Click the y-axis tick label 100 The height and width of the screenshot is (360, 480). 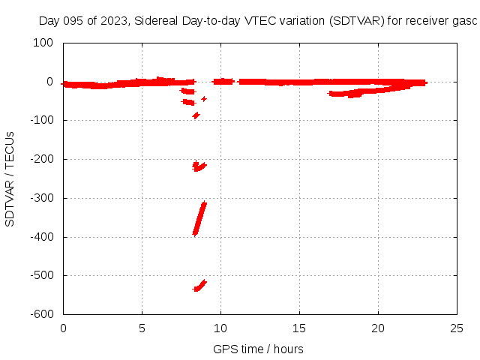[42, 43]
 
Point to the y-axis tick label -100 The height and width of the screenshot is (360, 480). [40, 121]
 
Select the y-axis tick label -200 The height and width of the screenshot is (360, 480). [40, 160]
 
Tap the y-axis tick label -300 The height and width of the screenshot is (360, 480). [40, 199]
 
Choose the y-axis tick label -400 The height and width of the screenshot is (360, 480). [40, 238]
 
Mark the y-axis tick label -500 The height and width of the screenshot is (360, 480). [40, 276]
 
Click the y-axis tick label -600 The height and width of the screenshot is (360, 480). [40, 315]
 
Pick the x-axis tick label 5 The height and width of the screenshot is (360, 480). [142, 328]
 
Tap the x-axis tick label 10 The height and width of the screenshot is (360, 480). [220, 328]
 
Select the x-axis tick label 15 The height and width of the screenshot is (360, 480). [299, 328]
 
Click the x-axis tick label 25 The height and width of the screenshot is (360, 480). [457, 328]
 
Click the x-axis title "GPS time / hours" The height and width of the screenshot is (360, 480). [259, 349]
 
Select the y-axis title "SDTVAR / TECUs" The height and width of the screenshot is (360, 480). [10, 178]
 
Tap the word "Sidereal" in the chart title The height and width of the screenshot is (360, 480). [157, 21]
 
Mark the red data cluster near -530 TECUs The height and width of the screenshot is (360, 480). [199, 286]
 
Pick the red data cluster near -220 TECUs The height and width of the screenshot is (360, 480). [198, 166]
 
